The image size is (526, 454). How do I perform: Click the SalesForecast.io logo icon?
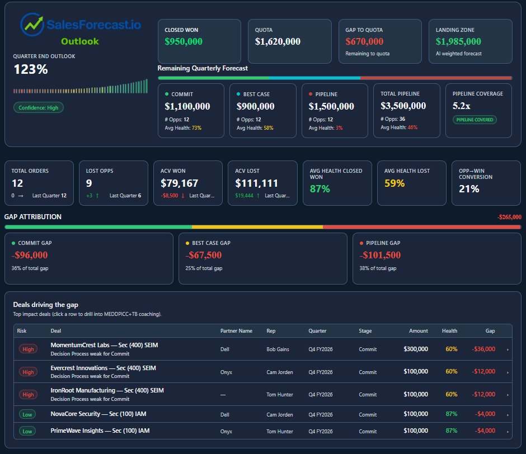(32, 24)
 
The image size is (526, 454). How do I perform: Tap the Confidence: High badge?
(39, 107)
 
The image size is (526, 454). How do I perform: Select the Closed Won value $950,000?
(184, 41)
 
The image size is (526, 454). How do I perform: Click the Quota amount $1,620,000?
(278, 41)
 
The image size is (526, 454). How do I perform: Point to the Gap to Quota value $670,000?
(364, 41)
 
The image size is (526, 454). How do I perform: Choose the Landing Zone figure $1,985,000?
(458, 41)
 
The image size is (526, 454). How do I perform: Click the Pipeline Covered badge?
(474, 120)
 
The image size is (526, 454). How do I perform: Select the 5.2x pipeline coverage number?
(462, 106)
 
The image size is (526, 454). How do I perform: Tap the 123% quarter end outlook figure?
(31, 69)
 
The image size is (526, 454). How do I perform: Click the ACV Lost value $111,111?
(257, 183)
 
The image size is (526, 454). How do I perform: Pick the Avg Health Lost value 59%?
(395, 183)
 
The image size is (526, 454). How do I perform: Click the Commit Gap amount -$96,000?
(30, 255)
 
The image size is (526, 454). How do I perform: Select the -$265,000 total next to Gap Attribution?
(509, 217)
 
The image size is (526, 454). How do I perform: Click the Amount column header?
(418, 331)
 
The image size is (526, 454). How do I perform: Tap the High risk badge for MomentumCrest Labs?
(28, 349)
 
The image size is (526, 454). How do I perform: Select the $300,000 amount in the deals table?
(415, 349)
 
